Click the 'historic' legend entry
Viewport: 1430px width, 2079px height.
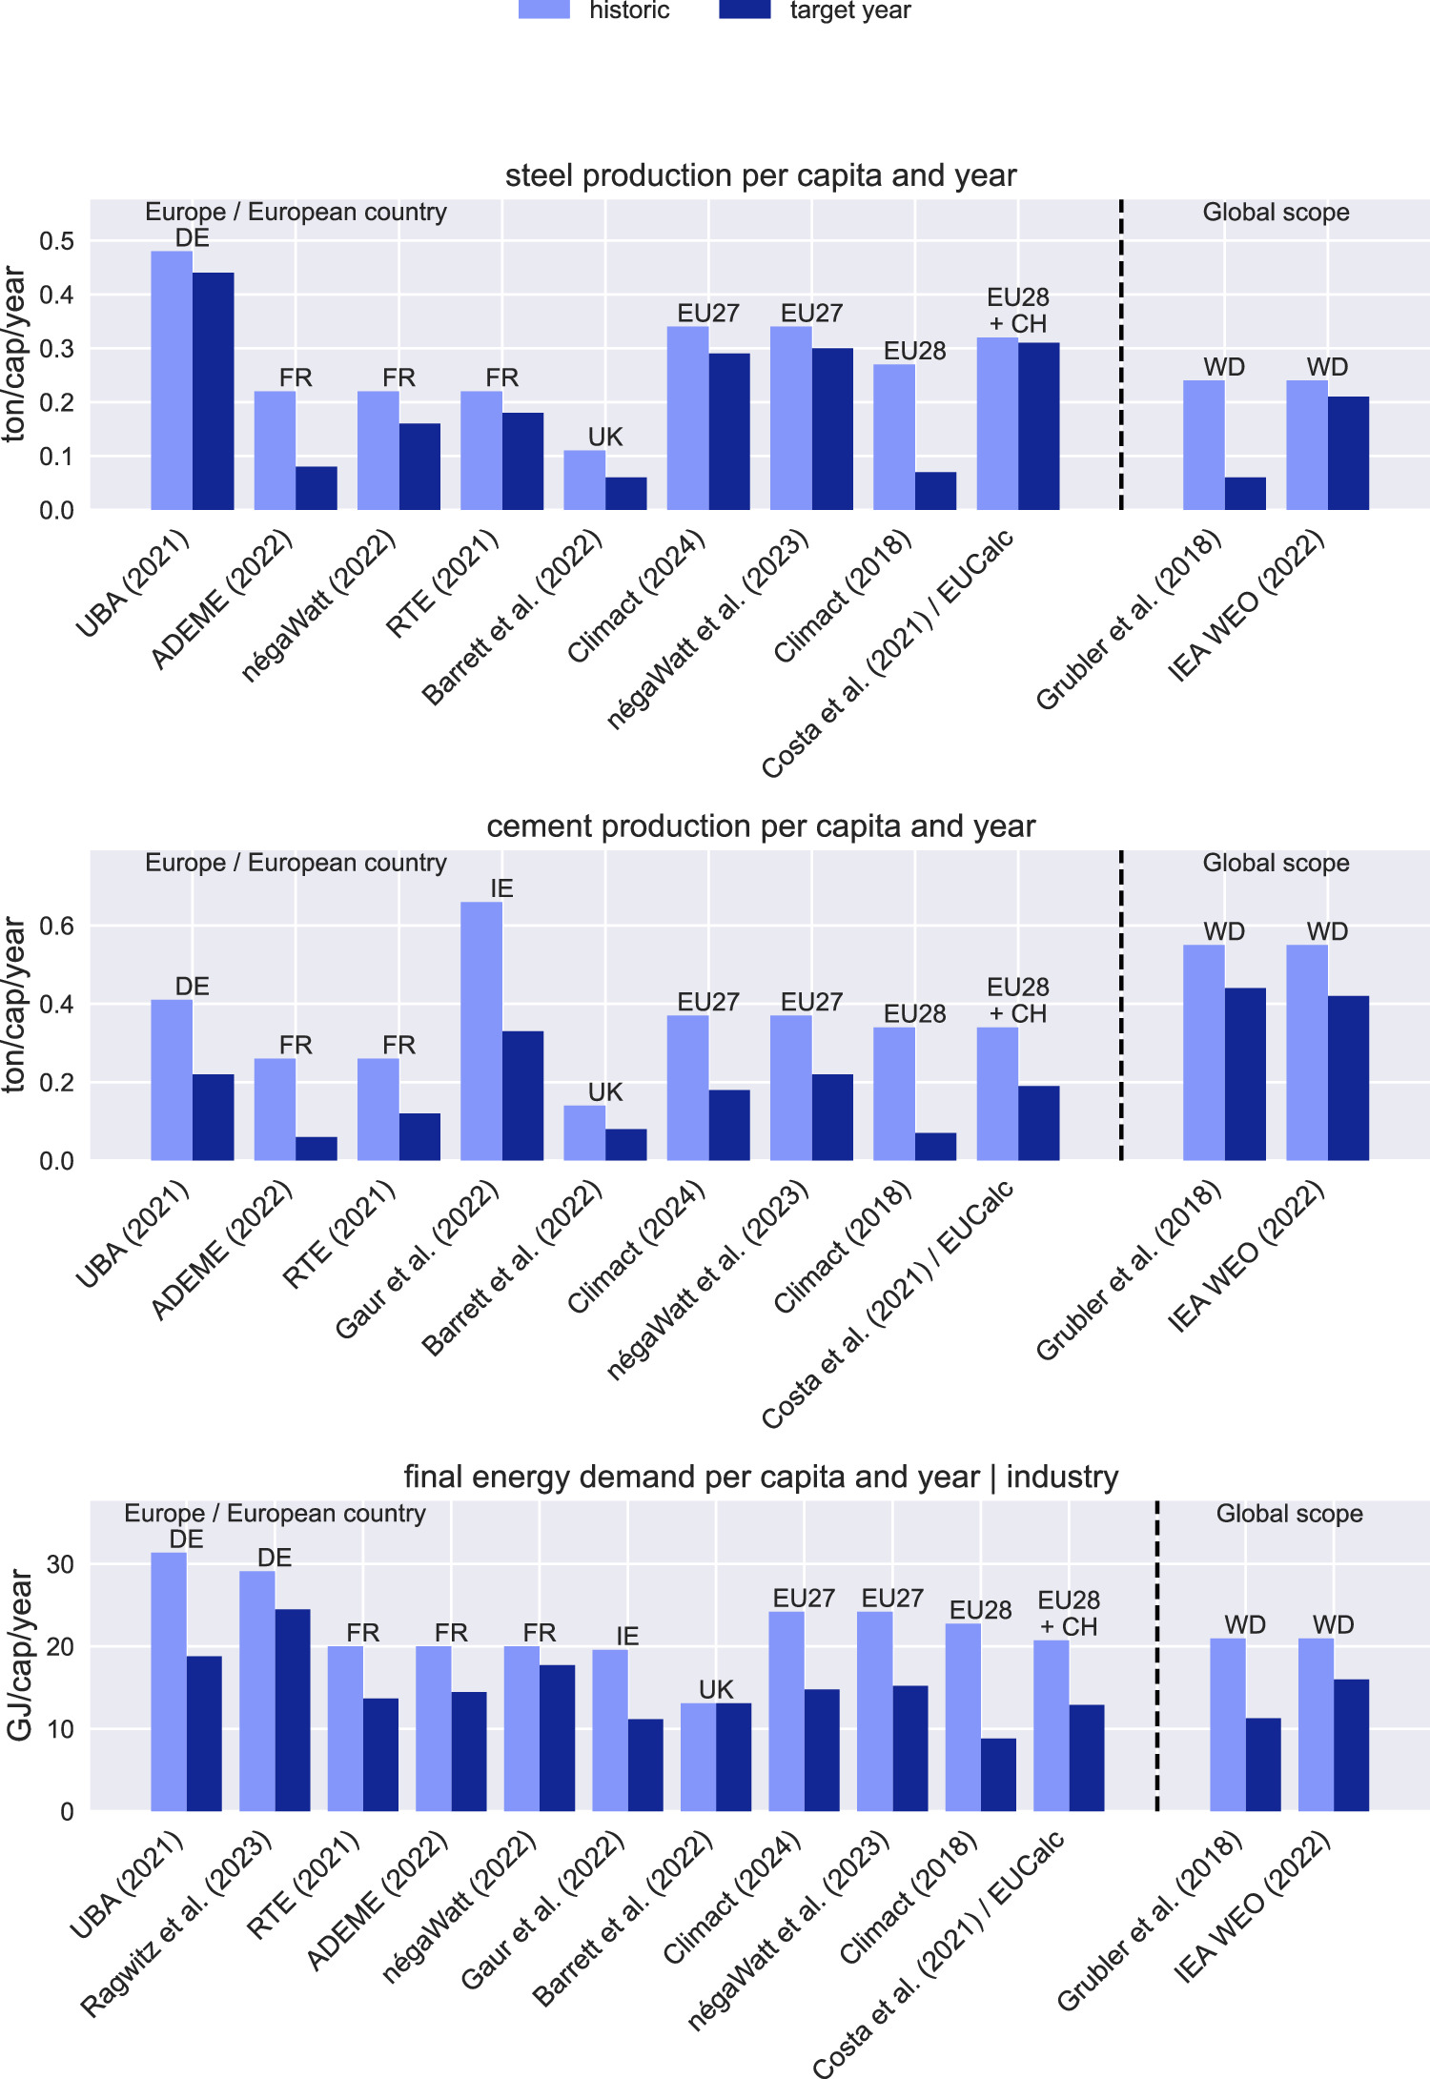pos(628,10)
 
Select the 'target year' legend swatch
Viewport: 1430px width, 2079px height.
pos(745,10)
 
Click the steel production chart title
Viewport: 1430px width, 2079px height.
pos(760,175)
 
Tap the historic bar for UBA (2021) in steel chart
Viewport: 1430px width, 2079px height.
pos(172,381)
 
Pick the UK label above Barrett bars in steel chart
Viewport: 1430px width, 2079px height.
pos(604,437)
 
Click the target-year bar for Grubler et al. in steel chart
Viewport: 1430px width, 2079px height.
pos(1245,494)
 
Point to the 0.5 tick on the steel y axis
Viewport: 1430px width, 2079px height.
pos(56,241)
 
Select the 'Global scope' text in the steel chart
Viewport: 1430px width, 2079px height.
pos(1276,212)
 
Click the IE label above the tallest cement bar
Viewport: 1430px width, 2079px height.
pos(501,888)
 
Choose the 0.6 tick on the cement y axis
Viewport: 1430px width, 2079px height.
pos(56,927)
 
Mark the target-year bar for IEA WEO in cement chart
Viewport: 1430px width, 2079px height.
pos(1348,1078)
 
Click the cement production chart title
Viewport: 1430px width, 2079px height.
pos(760,826)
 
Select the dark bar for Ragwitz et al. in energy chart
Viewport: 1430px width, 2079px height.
pos(293,1710)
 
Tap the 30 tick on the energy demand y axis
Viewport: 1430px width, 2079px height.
pos(60,1565)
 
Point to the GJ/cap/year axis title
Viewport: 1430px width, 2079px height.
pos(19,1656)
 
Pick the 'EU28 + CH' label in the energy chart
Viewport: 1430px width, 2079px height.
pos(1068,1613)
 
